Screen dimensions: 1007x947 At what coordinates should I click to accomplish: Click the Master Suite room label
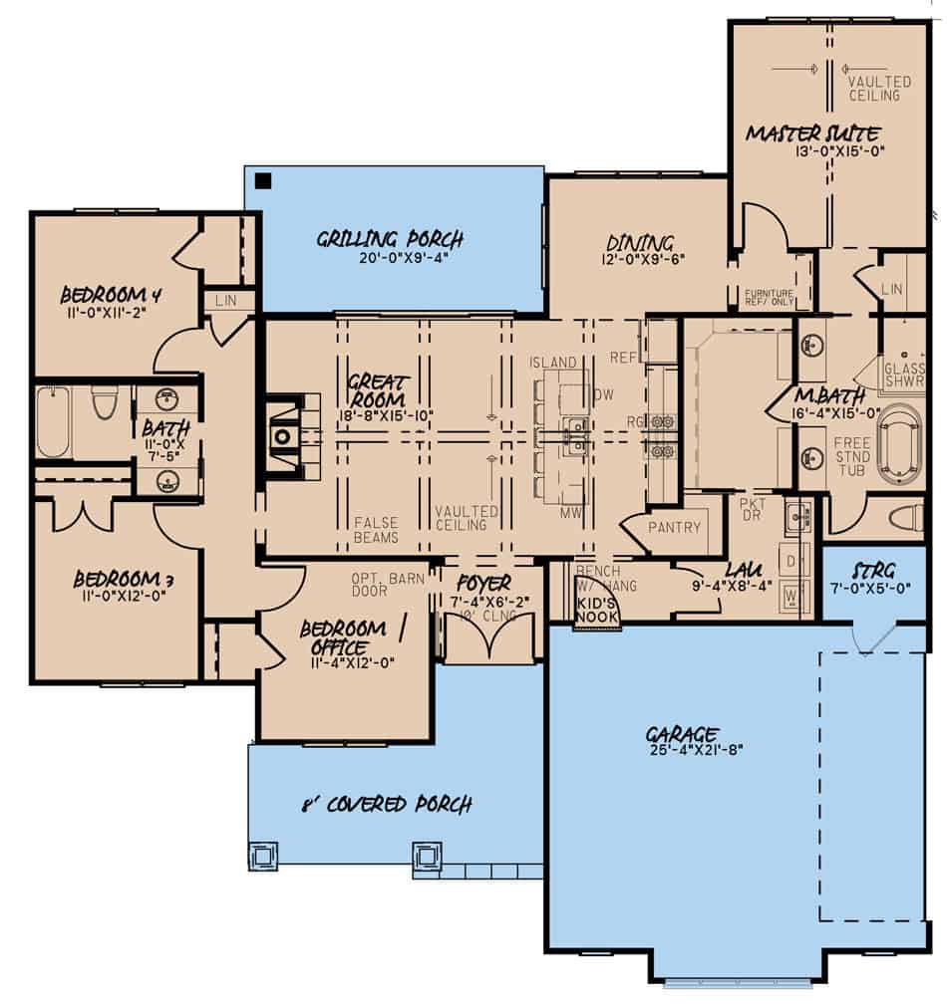pos(812,132)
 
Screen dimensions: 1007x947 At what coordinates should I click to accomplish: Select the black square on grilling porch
pos(263,181)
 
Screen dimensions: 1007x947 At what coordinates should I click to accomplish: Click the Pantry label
pos(674,527)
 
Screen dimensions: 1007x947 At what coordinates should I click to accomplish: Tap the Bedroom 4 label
pos(111,295)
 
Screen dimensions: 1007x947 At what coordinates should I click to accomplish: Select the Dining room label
pos(640,243)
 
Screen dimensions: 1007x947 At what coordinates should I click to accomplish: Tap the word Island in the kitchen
pos(552,362)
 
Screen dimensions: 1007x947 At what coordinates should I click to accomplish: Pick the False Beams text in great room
pos(376,530)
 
